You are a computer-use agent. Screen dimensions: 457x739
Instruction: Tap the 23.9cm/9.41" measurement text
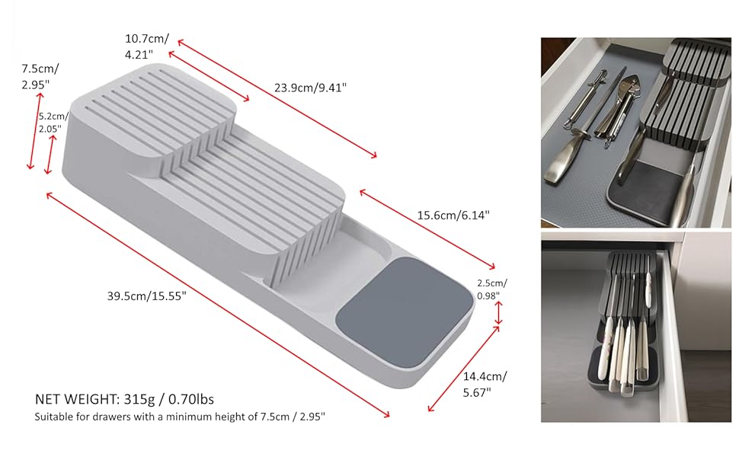click(310, 88)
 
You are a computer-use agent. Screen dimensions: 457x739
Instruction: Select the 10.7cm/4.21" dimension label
click(146, 46)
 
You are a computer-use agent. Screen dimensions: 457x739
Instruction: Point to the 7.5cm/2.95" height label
click(40, 75)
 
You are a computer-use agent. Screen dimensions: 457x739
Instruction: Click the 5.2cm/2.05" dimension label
click(53, 122)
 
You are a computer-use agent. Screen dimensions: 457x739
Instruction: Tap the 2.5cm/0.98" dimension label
click(491, 289)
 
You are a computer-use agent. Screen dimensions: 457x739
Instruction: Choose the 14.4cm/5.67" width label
click(485, 383)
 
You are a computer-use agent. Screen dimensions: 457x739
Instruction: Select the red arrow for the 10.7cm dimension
click(208, 76)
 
